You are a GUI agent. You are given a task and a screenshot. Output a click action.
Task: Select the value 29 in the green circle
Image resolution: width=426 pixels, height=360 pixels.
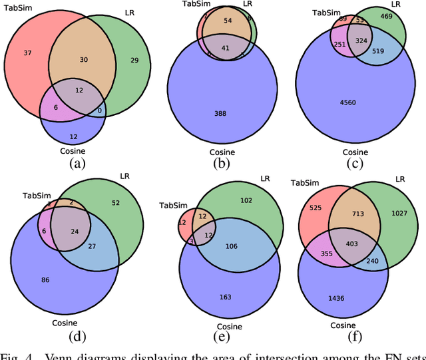tap(135, 61)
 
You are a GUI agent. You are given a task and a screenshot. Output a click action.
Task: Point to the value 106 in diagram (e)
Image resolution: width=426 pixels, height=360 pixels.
tap(232, 246)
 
